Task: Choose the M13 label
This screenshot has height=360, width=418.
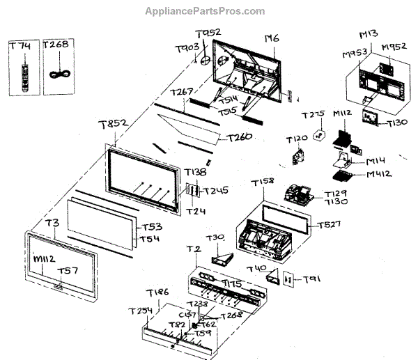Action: pyautogui.click(x=369, y=35)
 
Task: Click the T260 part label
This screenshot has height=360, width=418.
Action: pyautogui.click(x=238, y=138)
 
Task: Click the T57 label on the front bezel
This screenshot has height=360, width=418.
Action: pyautogui.click(x=67, y=271)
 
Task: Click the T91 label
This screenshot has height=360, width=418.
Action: pyautogui.click(x=311, y=280)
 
